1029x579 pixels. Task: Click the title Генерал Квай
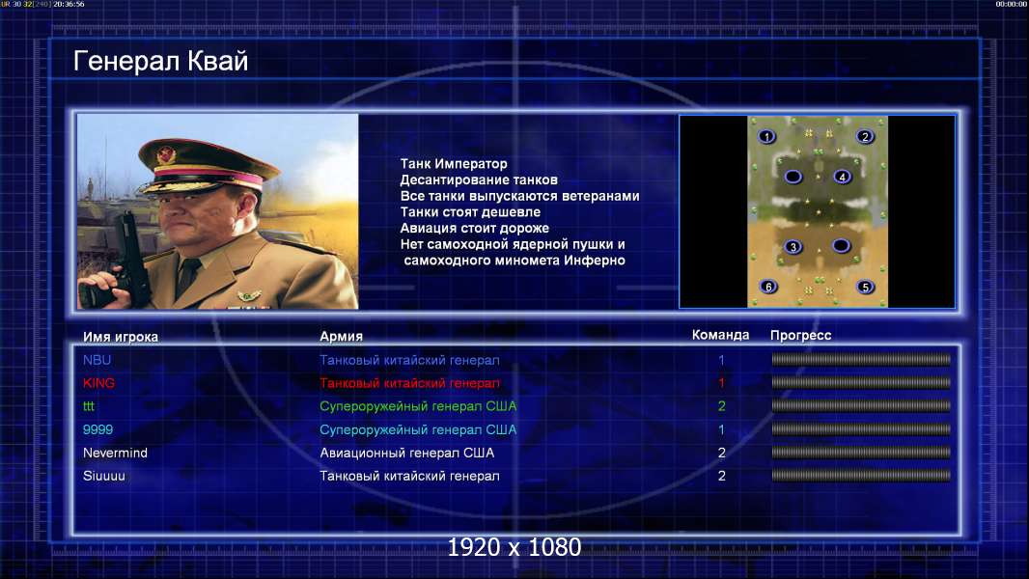point(161,61)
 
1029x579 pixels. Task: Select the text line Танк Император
point(454,164)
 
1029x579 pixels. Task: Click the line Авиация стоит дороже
point(475,228)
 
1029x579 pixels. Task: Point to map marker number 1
point(766,136)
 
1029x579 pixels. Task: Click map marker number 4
point(843,177)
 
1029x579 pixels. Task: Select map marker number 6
point(768,287)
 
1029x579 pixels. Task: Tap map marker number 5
point(866,287)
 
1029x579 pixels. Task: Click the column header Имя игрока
point(120,337)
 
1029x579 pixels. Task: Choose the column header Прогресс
point(800,335)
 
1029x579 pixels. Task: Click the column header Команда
point(720,335)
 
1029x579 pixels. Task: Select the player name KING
point(98,383)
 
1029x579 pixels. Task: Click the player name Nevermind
point(115,453)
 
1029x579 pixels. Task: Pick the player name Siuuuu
point(103,476)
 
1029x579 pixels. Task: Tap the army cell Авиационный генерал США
point(407,454)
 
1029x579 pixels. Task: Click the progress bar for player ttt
point(861,406)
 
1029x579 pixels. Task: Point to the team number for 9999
point(721,429)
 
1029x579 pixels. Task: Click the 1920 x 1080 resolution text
point(514,547)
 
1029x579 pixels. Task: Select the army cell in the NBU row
point(409,360)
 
